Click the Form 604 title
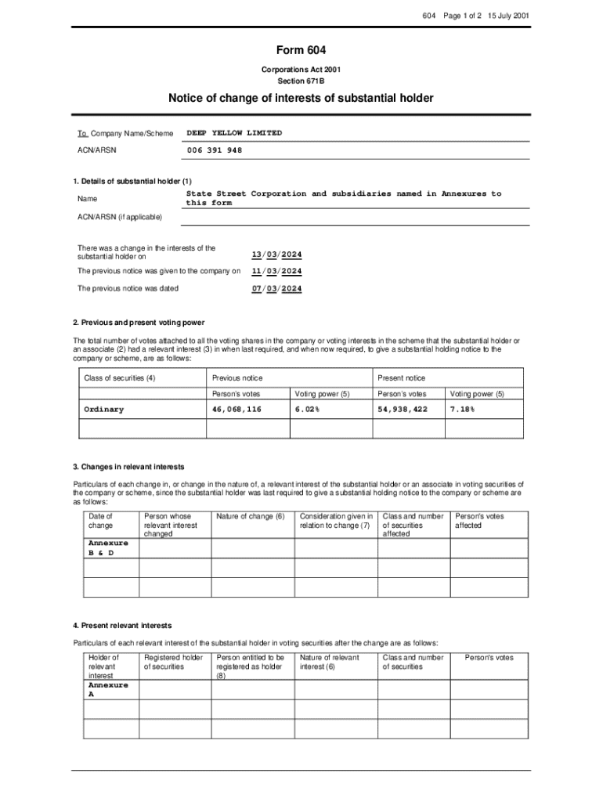click(301, 51)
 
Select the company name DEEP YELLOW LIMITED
click(233, 133)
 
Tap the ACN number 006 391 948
click(214, 150)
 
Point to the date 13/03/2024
click(276, 255)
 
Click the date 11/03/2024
click(276, 271)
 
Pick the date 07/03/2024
click(276, 288)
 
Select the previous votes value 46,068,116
click(237, 410)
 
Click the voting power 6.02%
click(307, 410)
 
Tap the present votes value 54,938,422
click(403, 410)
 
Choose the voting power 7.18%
click(462, 410)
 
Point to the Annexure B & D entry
click(108, 547)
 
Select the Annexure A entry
click(108, 689)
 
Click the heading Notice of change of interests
click(301, 98)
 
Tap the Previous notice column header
click(237, 378)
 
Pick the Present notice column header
click(401, 378)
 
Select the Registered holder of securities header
click(173, 662)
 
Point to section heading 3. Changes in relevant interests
click(128, 468)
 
